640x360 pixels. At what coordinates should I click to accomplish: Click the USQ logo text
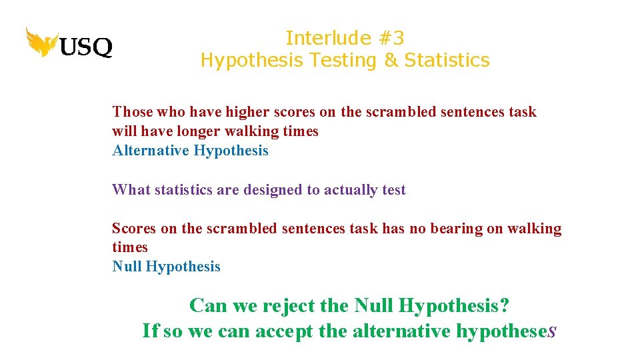(x=86, y=47)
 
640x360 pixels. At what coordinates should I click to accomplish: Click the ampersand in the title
(x=390, y=60)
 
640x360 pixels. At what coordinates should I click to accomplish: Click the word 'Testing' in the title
(x=347, y=60)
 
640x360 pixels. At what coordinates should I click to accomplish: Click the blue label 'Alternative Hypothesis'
(x=190, y=151)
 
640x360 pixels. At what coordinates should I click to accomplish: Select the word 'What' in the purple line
(x=131, y=190)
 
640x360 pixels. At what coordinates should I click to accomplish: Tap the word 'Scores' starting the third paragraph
(x=134, y=229)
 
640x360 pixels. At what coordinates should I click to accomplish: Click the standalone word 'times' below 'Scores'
(x=129, y=247)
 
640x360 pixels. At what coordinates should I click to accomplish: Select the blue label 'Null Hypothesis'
(x=166, y=267)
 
